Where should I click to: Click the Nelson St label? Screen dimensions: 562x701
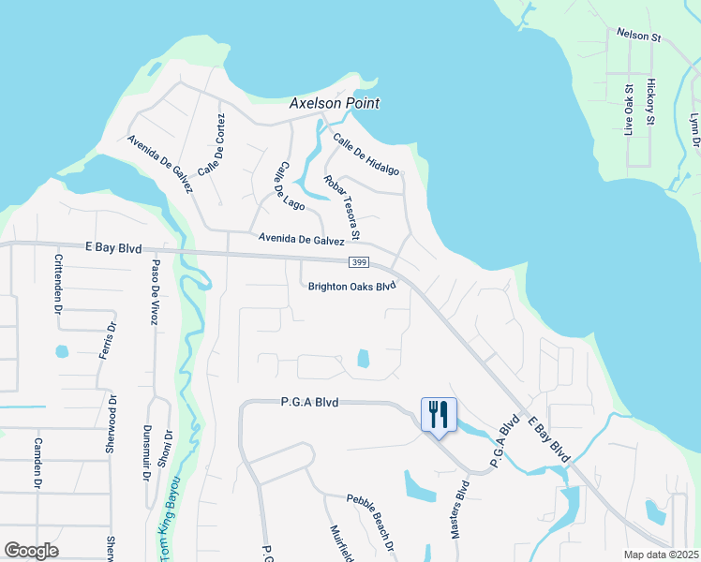pos(639,36)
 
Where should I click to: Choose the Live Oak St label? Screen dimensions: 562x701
pos(629,110)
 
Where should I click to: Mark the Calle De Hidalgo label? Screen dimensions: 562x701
pos(366,153)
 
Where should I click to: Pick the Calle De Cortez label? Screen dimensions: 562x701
pos(212,144)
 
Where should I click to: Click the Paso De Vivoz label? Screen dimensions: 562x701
pos(157,291)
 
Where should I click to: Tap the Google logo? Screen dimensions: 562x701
pos(31,550)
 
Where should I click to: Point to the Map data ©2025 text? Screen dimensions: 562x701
pos(660,555)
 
